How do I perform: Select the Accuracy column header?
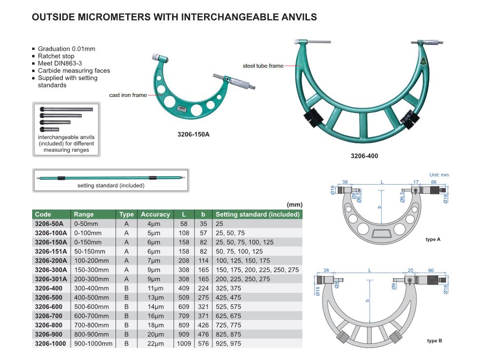point(155,214)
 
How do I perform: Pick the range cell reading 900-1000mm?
point(93,343)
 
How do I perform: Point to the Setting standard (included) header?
point(257,214)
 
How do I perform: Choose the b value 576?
point(203,343)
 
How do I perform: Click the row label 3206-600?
point(49,307)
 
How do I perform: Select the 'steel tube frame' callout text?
point(263,66)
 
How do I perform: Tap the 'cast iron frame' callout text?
point(128,95)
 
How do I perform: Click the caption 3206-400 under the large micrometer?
point(364,156)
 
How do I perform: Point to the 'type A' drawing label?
point(433,240)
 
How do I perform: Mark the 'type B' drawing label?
point(435,341)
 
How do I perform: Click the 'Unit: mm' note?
point(439,175)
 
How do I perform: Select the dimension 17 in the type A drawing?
point(416,182)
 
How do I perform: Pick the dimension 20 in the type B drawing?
point(411,270)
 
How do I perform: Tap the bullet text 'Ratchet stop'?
point(56,56)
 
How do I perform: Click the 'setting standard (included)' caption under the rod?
point(111,186)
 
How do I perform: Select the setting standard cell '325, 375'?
point(228,288)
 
